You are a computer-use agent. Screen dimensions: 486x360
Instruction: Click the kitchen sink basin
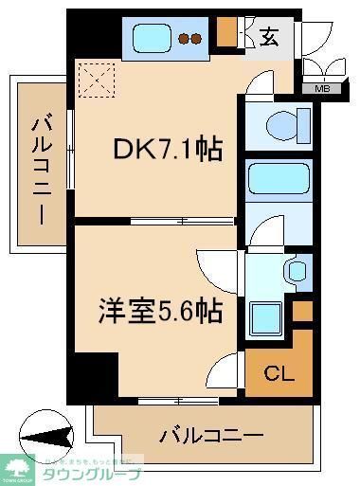[x=153, y=38]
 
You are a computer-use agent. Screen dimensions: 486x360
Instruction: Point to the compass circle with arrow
[x=45, y=438]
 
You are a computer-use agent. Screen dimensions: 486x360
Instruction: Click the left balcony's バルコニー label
[x=41, y=168]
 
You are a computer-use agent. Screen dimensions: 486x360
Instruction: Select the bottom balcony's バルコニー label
[x=210, y=436]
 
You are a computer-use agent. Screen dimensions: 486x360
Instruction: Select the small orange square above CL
[x=301, y=310]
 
